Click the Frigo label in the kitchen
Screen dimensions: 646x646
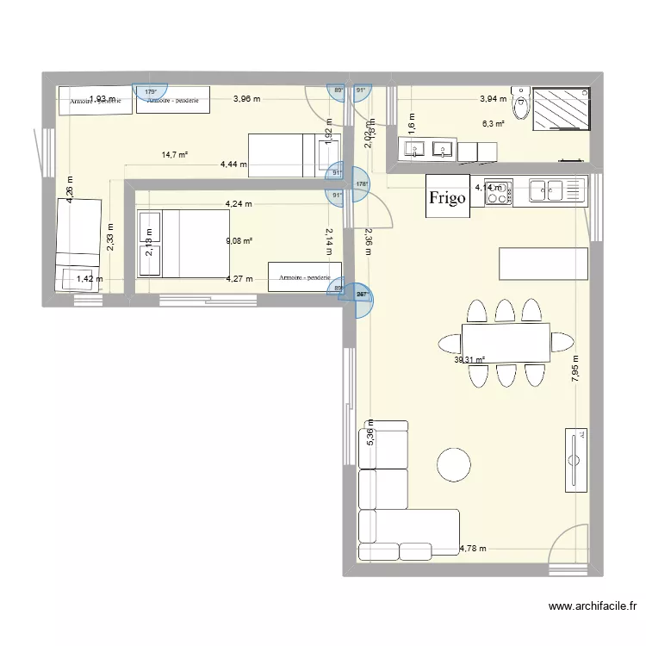coord(447,197)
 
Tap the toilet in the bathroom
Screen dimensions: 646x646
coord(520,105)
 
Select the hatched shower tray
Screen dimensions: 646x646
coord(561,109)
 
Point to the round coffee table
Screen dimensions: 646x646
coord(454,464)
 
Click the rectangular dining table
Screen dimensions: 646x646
coord(506,343)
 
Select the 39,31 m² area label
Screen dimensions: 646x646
coord(469,361)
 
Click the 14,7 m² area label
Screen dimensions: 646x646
coord(175,155)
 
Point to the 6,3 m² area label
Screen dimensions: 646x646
coord(493,124)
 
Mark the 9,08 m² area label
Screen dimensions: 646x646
coord(239,241)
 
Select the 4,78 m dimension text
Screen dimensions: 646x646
coord(473,548)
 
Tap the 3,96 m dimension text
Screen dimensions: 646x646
coord(246,99)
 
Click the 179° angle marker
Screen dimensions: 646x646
coord(151,92)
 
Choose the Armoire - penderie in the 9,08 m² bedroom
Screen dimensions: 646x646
coord(304,277)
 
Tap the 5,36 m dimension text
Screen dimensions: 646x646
coord(370,433)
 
